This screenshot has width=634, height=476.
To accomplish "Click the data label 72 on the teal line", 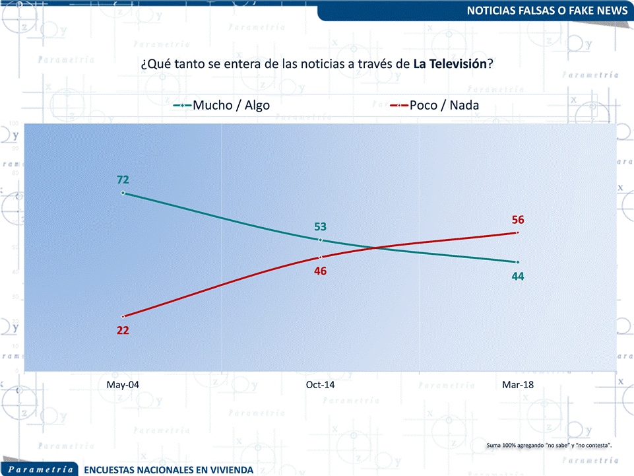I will click(x=123, y=179).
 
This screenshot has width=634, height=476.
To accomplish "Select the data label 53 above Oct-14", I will click(x=321, y=226).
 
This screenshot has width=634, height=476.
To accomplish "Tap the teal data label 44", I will click(x=518, y=276).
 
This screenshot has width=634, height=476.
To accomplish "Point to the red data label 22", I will click(x=123, y=330).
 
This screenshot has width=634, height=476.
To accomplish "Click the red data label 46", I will click(x=321, y=271).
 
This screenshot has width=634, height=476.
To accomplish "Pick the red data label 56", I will click(x=518, y=220).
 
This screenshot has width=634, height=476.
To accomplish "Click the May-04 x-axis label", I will click(x=123, y=384).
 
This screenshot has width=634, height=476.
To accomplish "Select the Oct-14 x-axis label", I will click(x=321, y=384).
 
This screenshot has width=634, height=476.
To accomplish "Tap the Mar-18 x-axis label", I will click(x=518, y=384).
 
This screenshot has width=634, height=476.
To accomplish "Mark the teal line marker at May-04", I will click(x=123, y=193).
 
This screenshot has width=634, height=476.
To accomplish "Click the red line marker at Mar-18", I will click(x=518, y=232).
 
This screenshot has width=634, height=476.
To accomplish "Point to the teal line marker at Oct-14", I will click(x=321, y=240).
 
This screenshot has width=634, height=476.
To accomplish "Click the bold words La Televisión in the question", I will click(x=450, y=65).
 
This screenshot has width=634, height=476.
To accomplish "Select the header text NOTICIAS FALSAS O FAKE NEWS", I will click(x=547, y=11).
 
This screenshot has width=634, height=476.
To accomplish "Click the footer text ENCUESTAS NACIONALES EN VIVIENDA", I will click(x=169, y=469).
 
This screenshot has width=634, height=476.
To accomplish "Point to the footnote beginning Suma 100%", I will click(x=549, y=446).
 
